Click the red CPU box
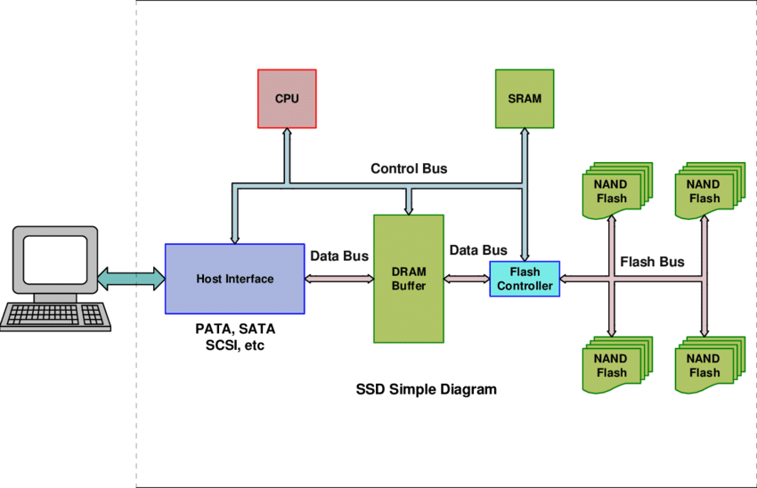[x=287, y=98]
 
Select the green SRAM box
[x=524, y=98]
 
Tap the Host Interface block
[x=235, y=279]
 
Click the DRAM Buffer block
[x=409, y=279]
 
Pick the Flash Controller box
[x=525, y=279]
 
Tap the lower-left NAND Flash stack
[x=615, y=365]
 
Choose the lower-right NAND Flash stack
[x=707, y=365]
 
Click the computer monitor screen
[x=55, y=258]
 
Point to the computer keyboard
[x=55, y=315]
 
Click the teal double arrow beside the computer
[x=131, y=279]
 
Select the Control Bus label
[x=409, y=168]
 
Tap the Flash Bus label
[x=651, y=263]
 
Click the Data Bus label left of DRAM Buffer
[x=338, y=256]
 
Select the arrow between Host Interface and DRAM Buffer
[x=338, y=279]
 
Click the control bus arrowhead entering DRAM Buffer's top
[x=409, y=207]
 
